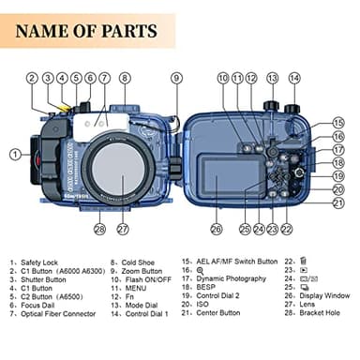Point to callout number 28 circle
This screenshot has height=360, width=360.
99,228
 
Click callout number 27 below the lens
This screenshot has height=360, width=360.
122,228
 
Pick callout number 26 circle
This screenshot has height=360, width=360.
217,228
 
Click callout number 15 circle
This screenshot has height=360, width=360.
338,122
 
